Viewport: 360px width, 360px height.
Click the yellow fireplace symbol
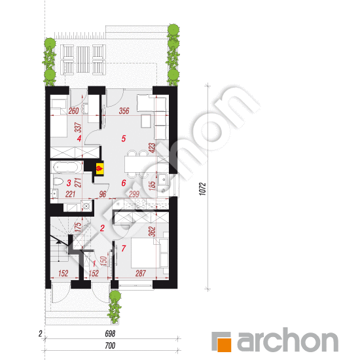pos(99,168)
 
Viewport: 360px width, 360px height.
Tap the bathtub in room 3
pos(66,167)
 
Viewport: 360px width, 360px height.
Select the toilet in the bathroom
pos(58,181)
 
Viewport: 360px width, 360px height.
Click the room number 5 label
pos(124,139)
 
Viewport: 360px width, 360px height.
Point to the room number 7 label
pos(124,248)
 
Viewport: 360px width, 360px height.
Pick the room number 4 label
pos(79,139)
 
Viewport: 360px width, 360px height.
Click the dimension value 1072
pos(202,189)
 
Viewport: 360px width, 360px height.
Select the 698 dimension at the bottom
pos(110,334)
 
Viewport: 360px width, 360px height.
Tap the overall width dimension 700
pos(110,346)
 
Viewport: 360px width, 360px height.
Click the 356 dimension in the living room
pos(124,111)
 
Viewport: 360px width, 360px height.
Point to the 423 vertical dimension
pos(152,148)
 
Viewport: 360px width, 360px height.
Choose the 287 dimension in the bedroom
pos(141,273)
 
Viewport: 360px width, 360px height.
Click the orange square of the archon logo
pos(224,344)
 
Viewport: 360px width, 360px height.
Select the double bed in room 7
pos(145,253)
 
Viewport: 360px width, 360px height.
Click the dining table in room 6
pos(137,164)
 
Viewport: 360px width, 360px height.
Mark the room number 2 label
pos(102,228)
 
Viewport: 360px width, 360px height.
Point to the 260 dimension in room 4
pos(73,111)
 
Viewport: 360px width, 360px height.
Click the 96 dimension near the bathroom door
pos(103,194)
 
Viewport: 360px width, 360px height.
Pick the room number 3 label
pos(69,183)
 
